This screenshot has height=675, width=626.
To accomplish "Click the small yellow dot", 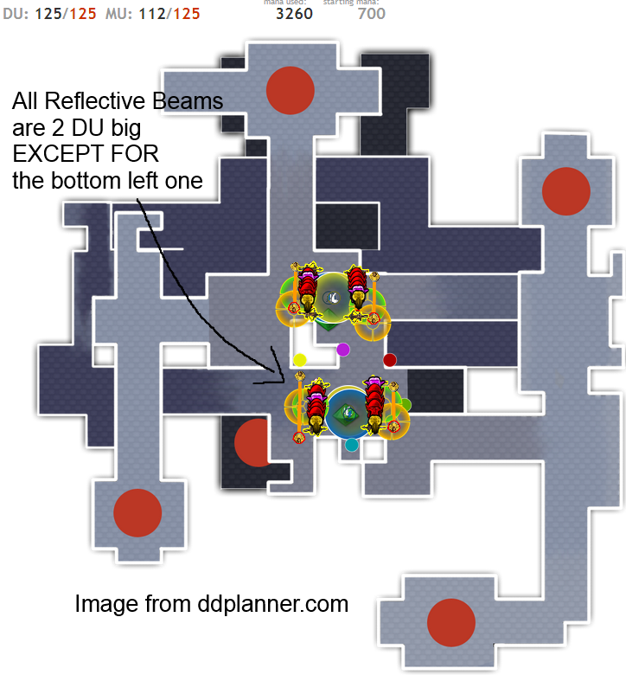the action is (x=300, y=359).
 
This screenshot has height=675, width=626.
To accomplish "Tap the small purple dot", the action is (x=343, y=350).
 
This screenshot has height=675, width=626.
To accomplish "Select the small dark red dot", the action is (x=390, y=359).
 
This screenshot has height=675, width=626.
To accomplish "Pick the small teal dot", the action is (x=352, y=445).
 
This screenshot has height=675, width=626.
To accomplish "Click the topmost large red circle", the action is (x=290, y=88).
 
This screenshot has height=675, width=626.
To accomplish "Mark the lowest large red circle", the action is (x=451, y=622).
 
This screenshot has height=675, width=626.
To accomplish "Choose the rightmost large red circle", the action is (x=566, y=191).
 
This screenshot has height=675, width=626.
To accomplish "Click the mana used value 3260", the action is (x=294, y=14).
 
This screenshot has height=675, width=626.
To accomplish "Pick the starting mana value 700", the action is (x=371, y=14).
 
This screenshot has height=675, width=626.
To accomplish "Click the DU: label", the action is (x=16, y=15).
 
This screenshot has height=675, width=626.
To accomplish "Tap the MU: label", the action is (x=119, y=15).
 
